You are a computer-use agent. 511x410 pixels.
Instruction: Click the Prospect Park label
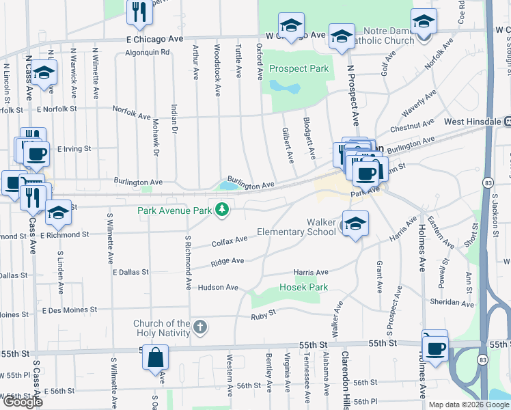[299, 68]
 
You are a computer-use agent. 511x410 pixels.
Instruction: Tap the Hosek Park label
[304, 288]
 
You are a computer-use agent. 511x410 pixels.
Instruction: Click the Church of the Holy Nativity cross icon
[199, 327]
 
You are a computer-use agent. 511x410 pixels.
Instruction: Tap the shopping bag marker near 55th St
[156, 357]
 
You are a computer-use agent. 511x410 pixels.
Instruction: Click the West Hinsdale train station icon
[508, 122]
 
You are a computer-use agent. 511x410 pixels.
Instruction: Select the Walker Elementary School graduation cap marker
[355, 223]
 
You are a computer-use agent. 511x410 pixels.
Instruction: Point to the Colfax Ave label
[230, 241]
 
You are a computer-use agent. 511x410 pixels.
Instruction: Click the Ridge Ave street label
[227, 262]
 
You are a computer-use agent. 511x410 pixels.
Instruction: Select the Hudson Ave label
[218, 288]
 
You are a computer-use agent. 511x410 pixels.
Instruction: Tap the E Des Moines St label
[70, 310]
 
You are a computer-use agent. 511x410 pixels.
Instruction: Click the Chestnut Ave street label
[412, 126]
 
